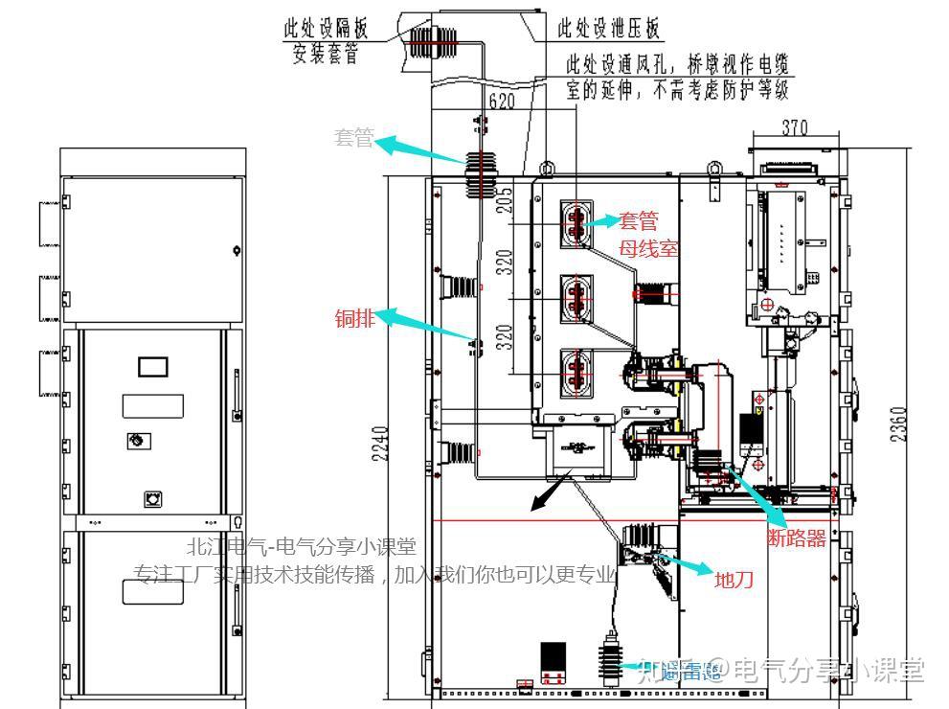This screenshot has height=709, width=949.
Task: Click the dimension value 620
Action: coord(502,101)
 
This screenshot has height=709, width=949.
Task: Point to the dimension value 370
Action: coord(794,127)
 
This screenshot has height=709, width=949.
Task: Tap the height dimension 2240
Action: coord(381,444)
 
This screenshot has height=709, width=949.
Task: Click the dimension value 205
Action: coord(506,198)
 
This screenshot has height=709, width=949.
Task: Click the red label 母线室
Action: coord(648,248)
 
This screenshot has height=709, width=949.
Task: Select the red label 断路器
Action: coord(797,538)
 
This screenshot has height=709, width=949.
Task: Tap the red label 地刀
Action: coord(734,580)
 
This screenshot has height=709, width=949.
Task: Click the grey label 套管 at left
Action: coord(353,139)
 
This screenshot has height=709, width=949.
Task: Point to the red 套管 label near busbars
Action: coord(639,221)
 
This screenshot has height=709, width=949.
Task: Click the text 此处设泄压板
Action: coord(609,29)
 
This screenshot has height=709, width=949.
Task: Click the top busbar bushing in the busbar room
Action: coord(576,220)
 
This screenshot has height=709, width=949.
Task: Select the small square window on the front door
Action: coord(153,366)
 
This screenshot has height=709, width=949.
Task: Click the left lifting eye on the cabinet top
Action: coord(547,171)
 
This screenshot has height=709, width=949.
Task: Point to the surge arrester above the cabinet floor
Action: coord(607,662)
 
